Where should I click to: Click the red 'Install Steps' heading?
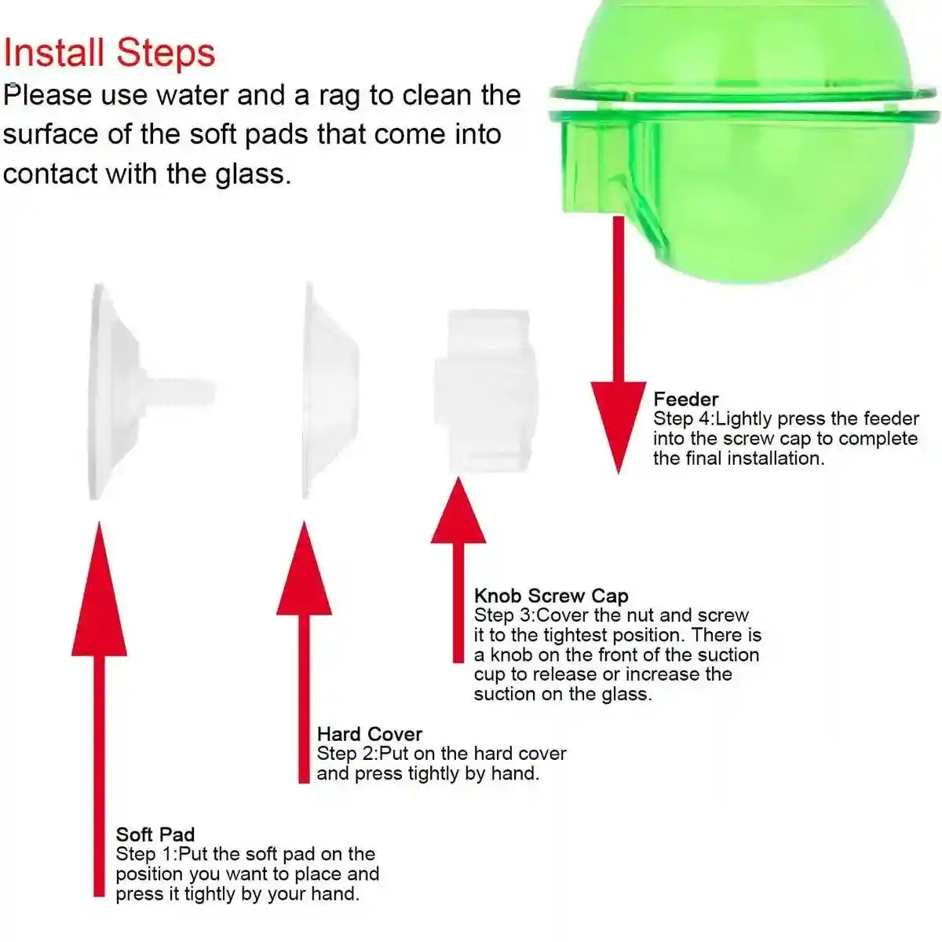point(109,53)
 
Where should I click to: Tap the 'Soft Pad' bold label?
point(155,834)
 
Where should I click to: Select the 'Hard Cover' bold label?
point(369,734)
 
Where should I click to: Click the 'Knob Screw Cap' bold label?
point(551,596)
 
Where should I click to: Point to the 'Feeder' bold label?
point(685,399)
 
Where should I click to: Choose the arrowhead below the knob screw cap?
point(458,510)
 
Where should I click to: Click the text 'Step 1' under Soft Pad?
point(145,854)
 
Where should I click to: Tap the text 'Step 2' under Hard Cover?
point(346,754)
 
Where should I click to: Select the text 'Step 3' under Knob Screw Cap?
point(503,615)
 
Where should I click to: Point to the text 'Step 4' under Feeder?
point(682,419)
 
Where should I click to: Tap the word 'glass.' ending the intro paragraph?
point(253,173)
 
